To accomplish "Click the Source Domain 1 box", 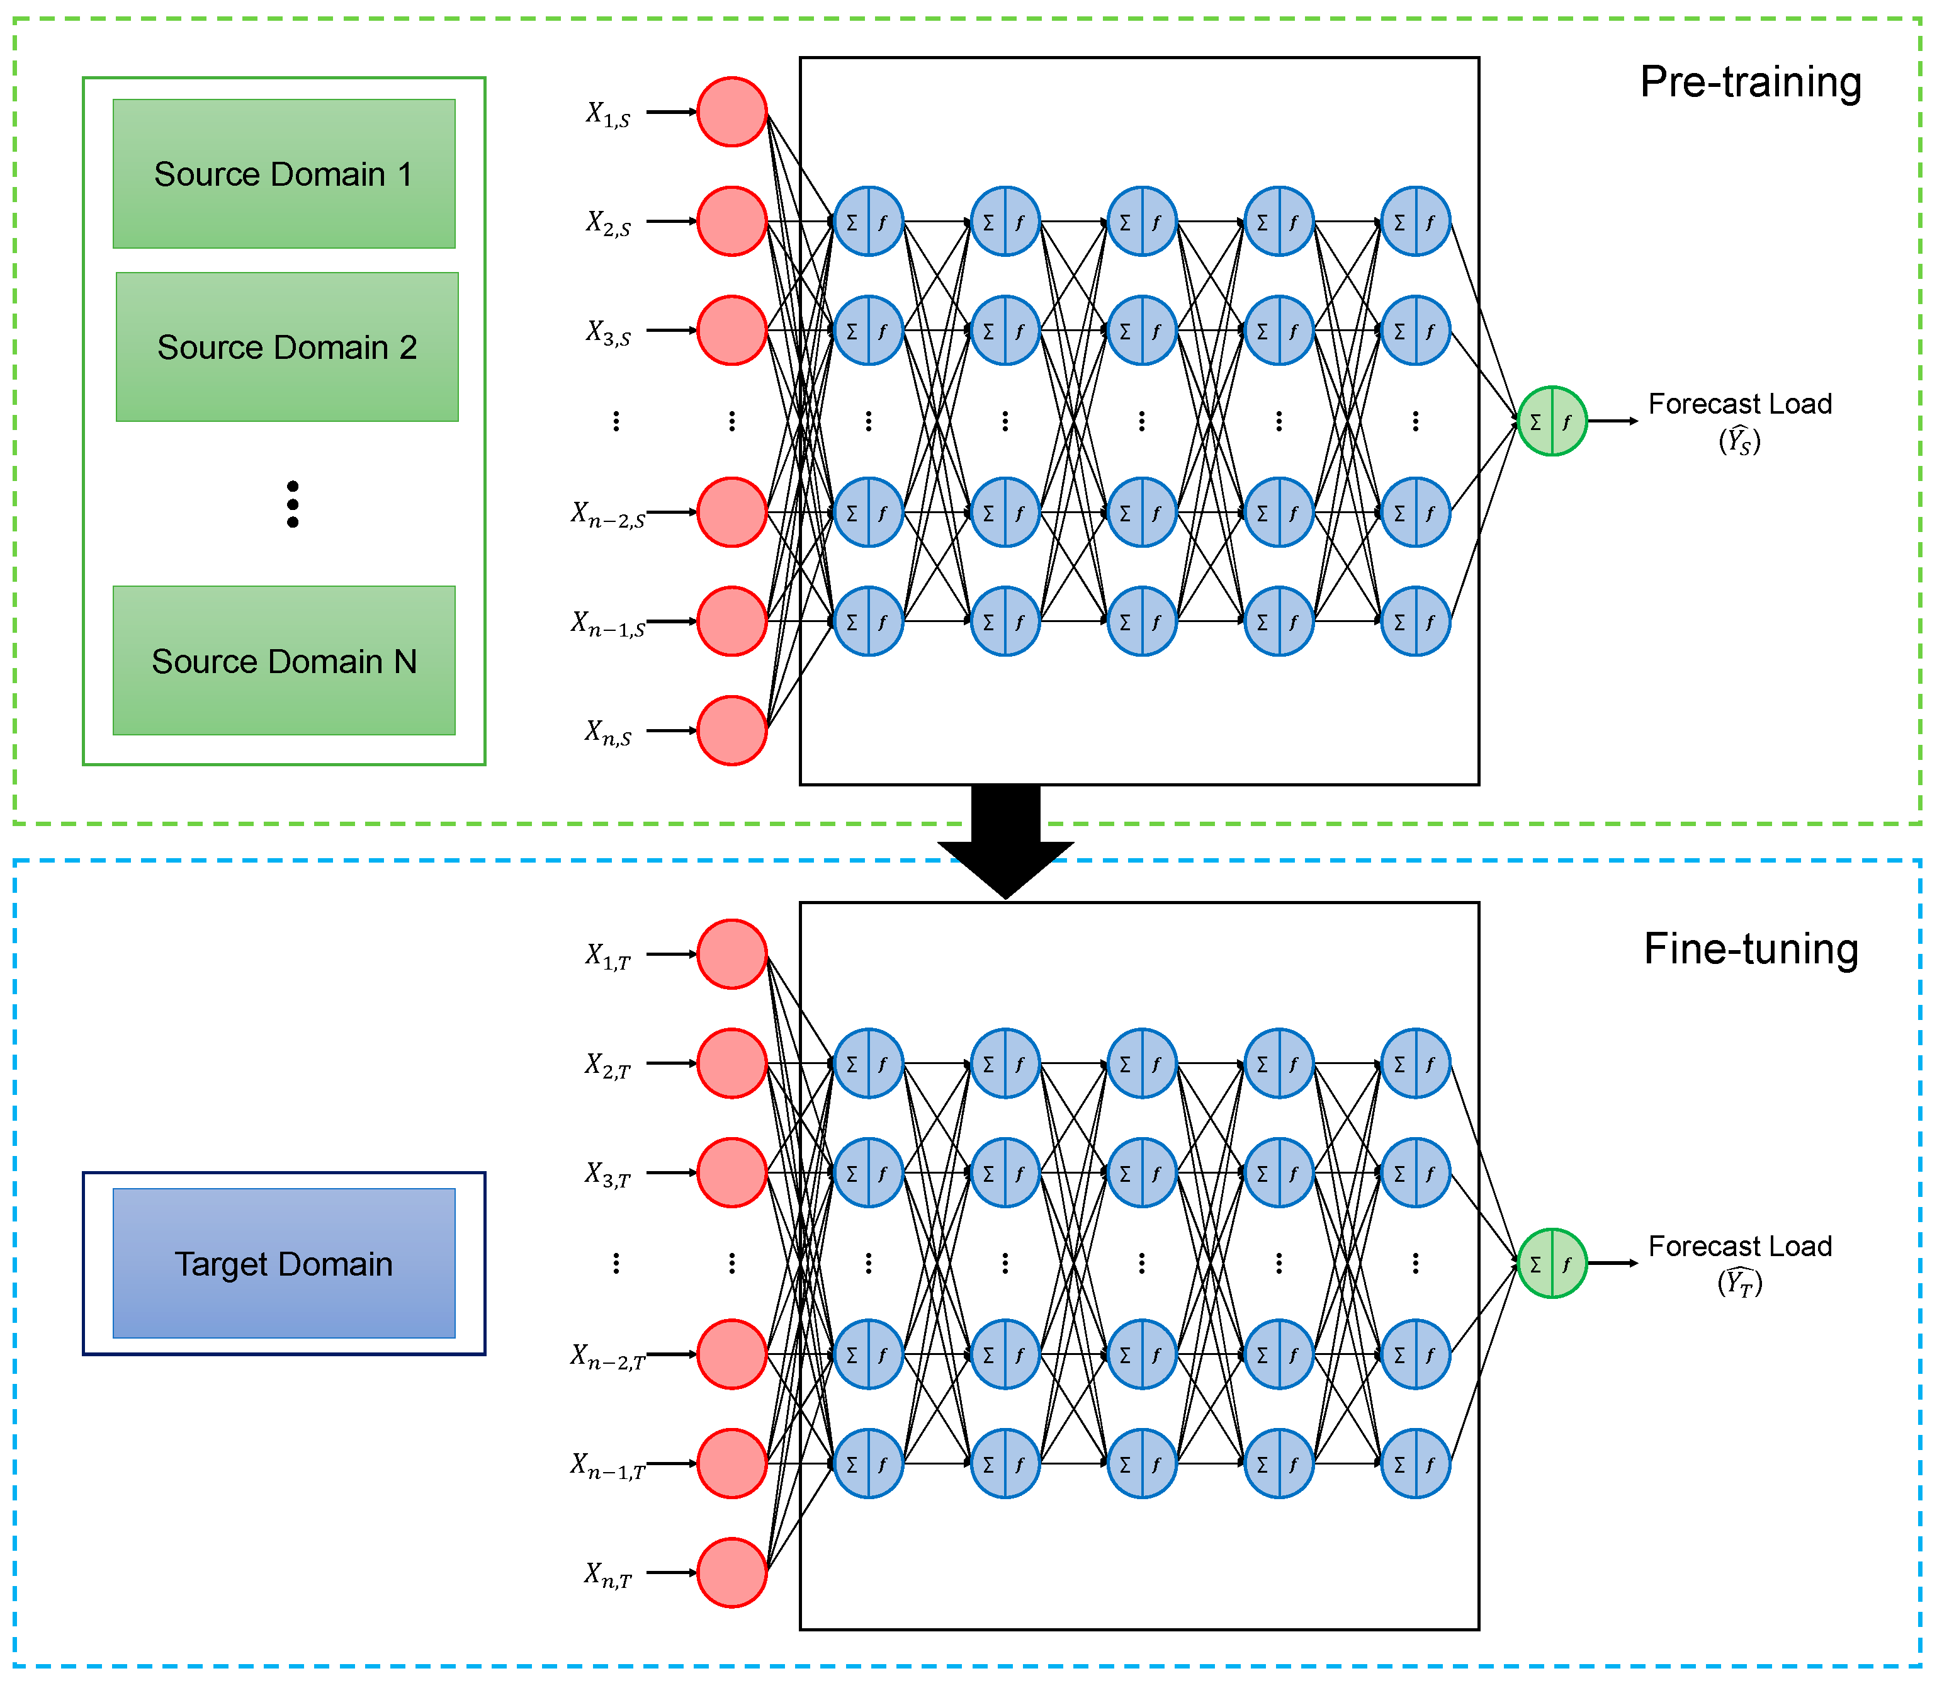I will point(283,174).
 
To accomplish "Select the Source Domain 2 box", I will point(286,346).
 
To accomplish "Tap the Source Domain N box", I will point(283,660).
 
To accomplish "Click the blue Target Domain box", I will point(283,1263).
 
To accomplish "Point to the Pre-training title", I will point(1750,82).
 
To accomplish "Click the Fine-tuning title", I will point(1750,949).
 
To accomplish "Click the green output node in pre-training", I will point(1552,421).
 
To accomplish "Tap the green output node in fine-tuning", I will point(1552,1263).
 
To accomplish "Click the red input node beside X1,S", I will point(731,112).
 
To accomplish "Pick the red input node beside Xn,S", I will point(731,730).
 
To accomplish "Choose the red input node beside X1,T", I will point(731,954).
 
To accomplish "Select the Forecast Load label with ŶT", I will point(1740,1263).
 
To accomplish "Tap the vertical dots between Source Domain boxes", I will point(293,504).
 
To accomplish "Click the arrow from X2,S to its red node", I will point(671,221).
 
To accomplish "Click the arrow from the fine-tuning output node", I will point(1612,1263).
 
